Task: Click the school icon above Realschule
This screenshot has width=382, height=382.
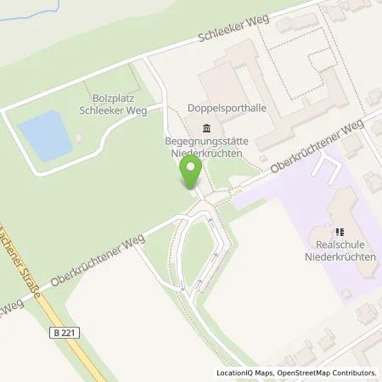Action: pyautogui.click(x=337, y=230)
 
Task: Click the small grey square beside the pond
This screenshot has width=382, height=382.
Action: pyautogui.click(x=78, y=138)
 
